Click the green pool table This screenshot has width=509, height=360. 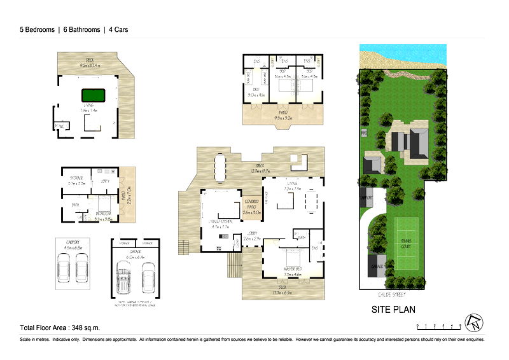pos(92,95)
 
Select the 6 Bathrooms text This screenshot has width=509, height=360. pos(78,29)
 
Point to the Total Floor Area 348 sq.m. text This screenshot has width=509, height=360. pos(60,328)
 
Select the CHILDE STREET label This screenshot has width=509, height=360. pos(391,294)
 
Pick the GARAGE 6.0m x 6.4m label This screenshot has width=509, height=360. pos(136,255)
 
